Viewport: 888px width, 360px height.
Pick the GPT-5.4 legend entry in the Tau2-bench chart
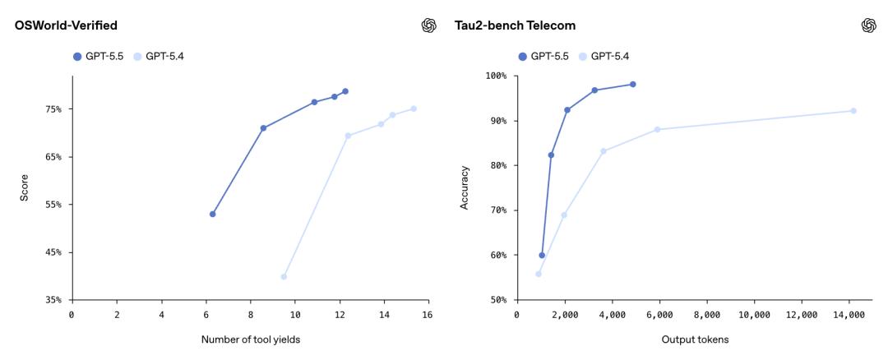[x=606, y=57]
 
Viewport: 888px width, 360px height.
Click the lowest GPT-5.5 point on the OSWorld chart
[x=213, y=214]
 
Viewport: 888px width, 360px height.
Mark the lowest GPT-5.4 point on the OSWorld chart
[x=284, y=277]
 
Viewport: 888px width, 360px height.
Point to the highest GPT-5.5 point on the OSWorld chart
[x=345, y=91]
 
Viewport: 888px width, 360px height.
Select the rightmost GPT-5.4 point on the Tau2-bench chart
[x=853, y=110]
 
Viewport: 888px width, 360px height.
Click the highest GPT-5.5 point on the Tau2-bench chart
[x=633, y=84]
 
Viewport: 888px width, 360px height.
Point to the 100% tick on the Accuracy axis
[x=496, y=76]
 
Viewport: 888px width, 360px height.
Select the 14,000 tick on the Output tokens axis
[x=850, y=315]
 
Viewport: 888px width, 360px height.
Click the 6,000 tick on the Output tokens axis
[x=659, y=315]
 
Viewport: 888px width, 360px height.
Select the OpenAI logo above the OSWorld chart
[x=428, y=25]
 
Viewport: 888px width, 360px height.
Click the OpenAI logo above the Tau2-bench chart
[x=868, y=25]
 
